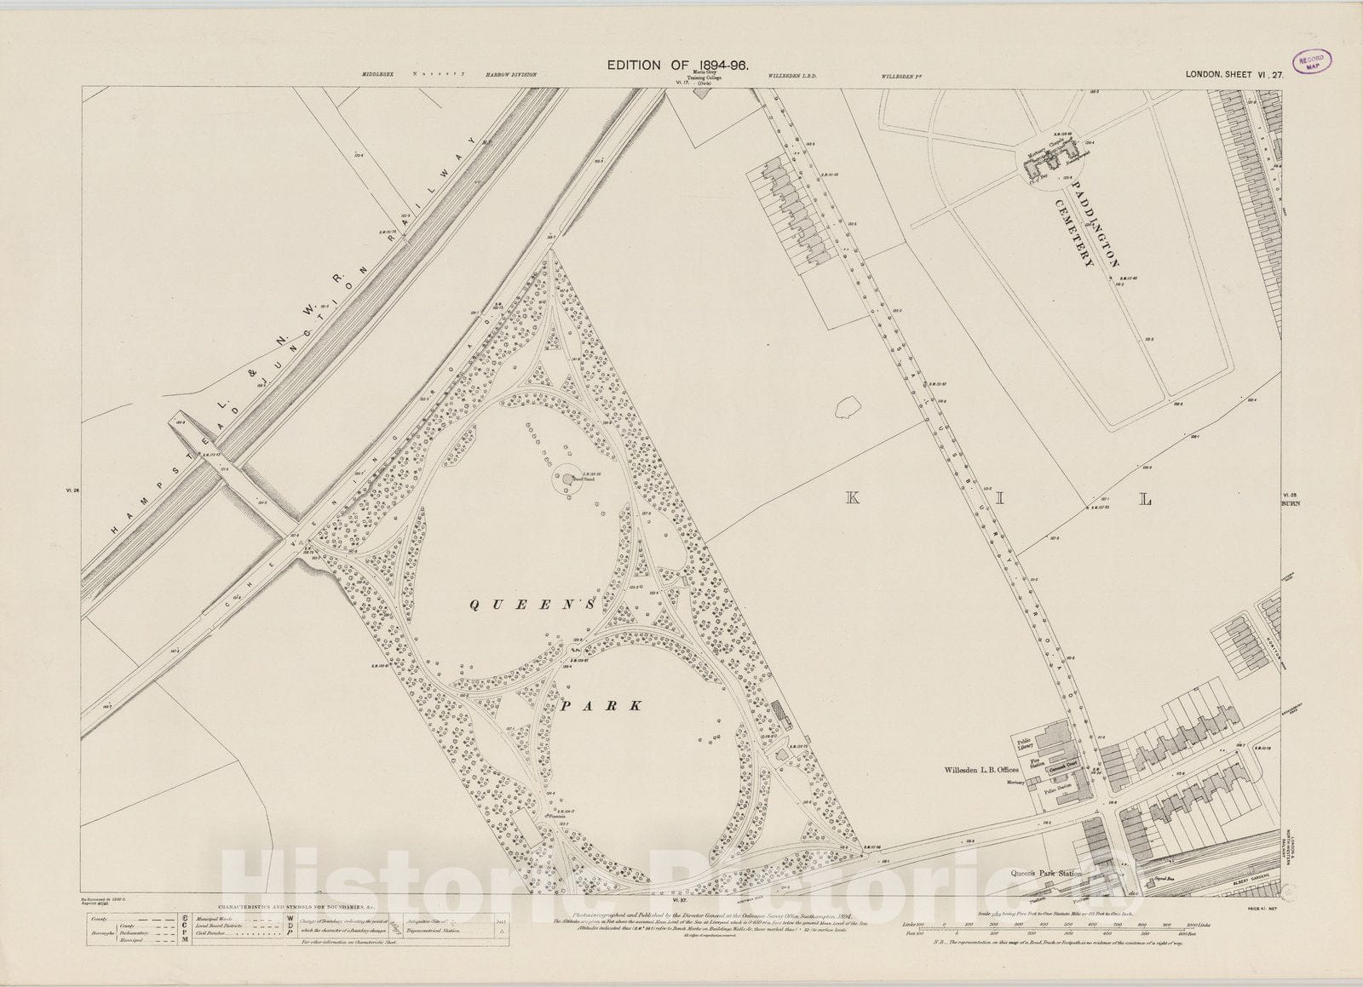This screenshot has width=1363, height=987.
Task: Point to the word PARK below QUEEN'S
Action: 601,705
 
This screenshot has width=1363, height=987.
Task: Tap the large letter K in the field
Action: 851,499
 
